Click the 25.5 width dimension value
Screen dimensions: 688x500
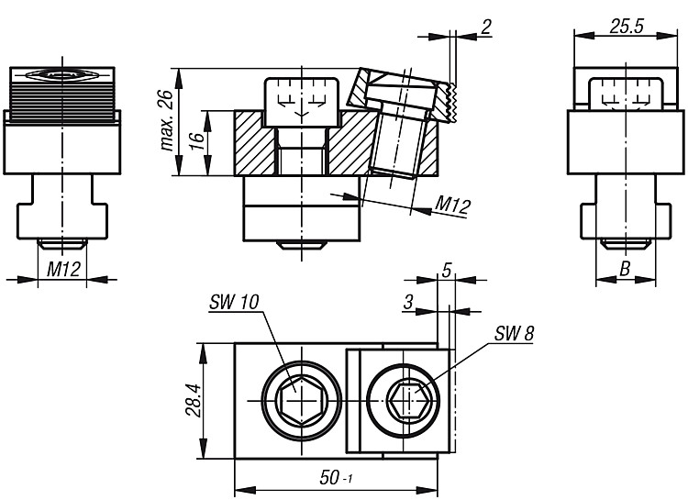(626, 27)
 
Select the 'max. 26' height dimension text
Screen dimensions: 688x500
(168, 120)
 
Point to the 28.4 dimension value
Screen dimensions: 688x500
(193, 400)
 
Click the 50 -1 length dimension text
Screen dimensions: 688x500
(336, 478)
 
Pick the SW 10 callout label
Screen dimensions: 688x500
(234, 302)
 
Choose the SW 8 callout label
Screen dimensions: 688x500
(514, 334)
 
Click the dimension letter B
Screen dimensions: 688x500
(625, 268)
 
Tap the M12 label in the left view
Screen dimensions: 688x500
(63, 269)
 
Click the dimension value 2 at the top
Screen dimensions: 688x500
(485, 28)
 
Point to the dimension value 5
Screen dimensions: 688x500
(446, 271)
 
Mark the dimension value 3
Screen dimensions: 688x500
(408, 302)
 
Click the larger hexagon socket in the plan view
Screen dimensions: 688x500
(302, 400)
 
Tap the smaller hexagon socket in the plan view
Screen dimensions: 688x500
(409, 400)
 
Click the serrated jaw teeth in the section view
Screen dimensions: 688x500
(451, 102)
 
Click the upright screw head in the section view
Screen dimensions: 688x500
(302, 102)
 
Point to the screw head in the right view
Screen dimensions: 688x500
(625, 92)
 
